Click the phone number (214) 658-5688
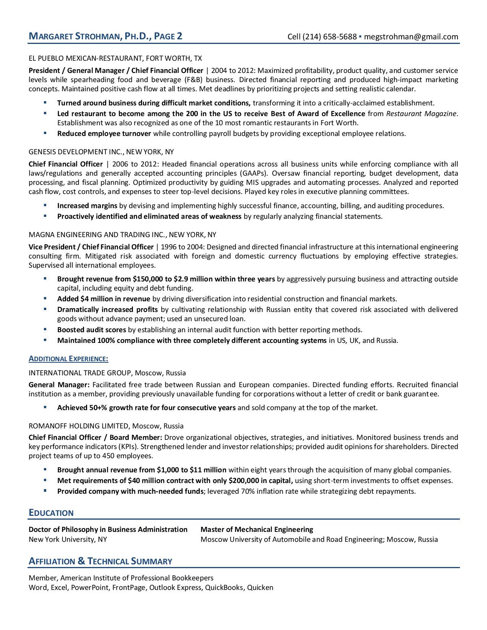point(330,37)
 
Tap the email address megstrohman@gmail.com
point(411,37)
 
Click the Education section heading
point(51,513)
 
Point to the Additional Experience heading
point(68,359)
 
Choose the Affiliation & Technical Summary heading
point(100,561)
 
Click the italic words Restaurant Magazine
point(421,113)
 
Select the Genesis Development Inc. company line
point(101,152)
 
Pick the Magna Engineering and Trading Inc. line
point(122,234)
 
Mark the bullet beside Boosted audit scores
point(45,329)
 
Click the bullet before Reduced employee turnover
point(45,133)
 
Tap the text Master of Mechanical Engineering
point(257,530)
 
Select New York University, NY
point(68,540)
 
